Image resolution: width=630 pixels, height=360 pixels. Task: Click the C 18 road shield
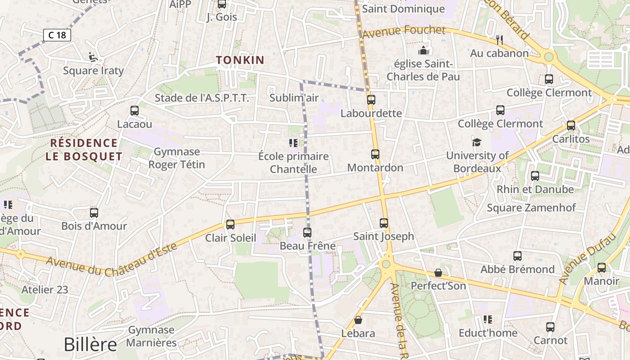coord(57,35)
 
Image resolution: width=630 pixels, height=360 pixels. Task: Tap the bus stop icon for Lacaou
coord(134,110)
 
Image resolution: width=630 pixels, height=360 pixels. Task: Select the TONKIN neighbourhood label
coord(240,60)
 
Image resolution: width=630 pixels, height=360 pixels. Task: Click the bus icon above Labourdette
coord(371,99)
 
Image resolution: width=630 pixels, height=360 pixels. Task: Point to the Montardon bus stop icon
coord(375,154)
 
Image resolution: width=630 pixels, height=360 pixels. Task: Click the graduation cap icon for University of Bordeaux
coord(477,143)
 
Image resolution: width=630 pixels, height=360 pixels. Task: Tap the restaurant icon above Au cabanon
coord(499,40)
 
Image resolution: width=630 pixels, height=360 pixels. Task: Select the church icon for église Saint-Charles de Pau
coord(423,50)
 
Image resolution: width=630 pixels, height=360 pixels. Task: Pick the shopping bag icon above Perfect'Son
coord(438,273)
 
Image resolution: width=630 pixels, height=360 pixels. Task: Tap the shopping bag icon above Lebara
coord(358,320)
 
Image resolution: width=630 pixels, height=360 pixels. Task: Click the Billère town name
coord(90,344)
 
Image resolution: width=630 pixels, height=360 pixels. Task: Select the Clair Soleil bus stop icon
coord(230,224)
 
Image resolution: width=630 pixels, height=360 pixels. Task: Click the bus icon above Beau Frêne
coord(307,233)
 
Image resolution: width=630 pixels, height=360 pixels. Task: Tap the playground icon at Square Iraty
coord(93,57)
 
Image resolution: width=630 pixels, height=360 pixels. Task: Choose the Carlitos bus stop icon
coord(571,126)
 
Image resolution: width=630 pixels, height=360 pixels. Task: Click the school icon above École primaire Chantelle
coord(293,143)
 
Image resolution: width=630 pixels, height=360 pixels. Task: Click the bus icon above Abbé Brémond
coord(517,256)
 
